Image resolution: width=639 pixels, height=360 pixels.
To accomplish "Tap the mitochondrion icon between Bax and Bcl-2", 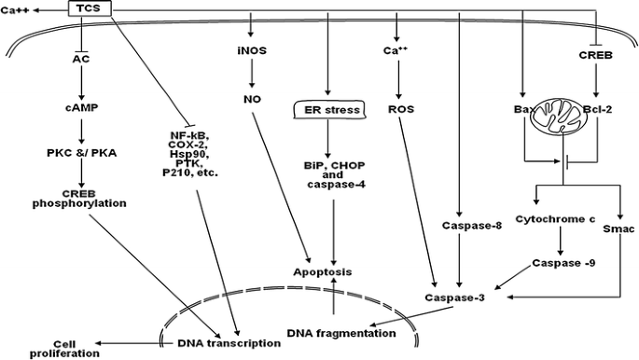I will (558, 119).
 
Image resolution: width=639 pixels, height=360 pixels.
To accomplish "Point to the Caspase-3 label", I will (451, 298).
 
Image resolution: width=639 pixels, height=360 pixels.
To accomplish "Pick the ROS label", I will (398, 107).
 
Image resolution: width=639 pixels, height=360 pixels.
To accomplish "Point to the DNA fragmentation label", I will (333, 332).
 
